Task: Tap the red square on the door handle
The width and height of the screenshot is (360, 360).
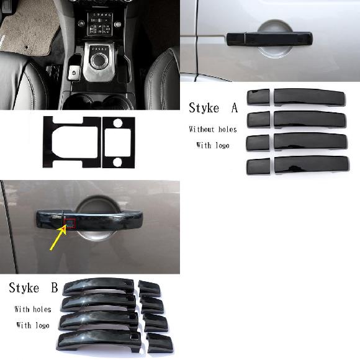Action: pos(70,223)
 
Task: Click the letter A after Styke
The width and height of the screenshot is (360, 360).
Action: pos(235,108)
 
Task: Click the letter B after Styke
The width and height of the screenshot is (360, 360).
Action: pos(55,287)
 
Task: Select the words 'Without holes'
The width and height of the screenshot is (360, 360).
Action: pos(213,129)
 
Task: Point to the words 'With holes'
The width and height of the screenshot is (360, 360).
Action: pos(33,309)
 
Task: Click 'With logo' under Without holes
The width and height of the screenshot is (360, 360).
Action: pos(213,145)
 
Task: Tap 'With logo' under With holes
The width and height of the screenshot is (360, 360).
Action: pos(33,325)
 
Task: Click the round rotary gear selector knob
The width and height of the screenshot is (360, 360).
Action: pos(99,60)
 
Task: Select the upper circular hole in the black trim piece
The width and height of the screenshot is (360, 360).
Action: pos(118,123)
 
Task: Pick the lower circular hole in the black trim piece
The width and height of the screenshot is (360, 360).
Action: pos(117,162)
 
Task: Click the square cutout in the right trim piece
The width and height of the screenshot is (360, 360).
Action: pos(118,143)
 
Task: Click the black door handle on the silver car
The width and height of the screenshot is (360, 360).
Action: pos(269,39)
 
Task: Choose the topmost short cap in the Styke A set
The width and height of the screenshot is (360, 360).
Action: pos(258,97)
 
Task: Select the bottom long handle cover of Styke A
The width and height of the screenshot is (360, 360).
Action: pos(312,164)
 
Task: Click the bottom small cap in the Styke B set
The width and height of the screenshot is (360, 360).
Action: pos(160,343)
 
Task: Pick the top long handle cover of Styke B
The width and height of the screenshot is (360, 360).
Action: pos(99,286)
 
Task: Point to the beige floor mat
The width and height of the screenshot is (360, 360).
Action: pos(30,27)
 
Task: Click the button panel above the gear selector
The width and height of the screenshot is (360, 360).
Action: pos(100,24)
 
